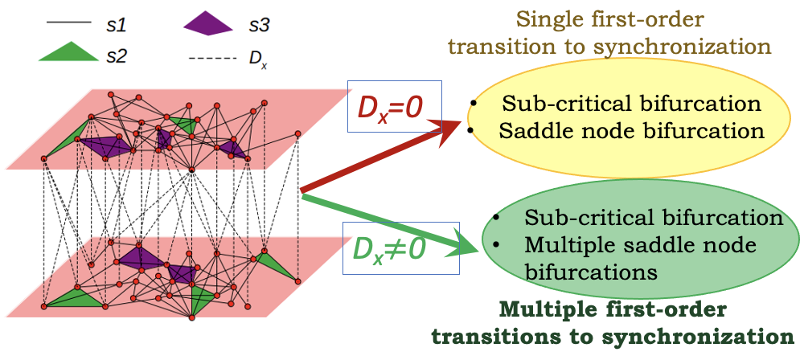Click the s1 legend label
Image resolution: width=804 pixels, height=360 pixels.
tap(117, 27)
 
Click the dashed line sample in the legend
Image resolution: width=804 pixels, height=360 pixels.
tap(211, 58)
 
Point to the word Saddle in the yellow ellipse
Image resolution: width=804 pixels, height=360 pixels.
tap(531, 131)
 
